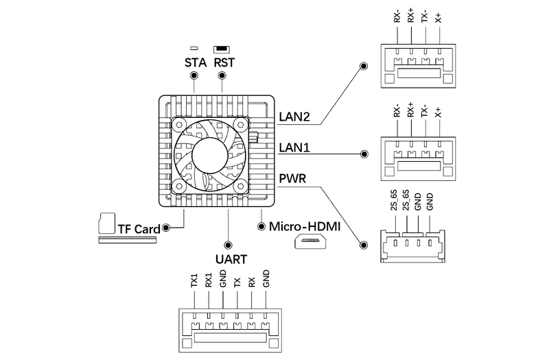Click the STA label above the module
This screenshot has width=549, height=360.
click(196, 62)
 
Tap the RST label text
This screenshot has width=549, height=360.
click(224, 62)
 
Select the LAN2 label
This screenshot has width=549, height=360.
click(294, 117)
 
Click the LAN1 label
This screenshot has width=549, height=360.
click(294, 147)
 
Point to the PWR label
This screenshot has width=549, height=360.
click(292, 178)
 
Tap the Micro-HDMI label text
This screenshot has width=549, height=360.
click(305, 226)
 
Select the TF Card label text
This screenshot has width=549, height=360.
click(139, 229)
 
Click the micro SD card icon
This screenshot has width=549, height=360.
click(107, 223)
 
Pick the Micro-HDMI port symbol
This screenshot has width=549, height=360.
click(310, 241)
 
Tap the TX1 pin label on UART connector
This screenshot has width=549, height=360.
click(194, 280)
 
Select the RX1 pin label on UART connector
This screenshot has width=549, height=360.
click(209, 280)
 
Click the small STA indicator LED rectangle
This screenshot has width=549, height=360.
click(194, 48)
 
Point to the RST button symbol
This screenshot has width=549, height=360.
click(221, 49)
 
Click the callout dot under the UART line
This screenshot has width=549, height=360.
click(229, 245)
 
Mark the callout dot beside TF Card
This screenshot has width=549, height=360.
click(166, 228)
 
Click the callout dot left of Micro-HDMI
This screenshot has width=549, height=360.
click(261, 226)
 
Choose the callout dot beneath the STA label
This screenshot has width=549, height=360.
click(194, 75)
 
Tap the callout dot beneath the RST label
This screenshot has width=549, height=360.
click(222, 75)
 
